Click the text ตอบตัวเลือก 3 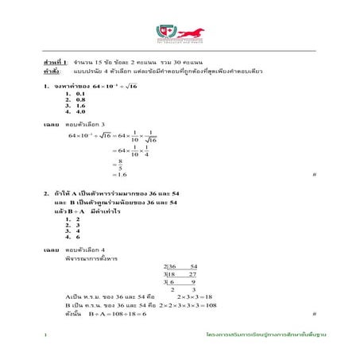coord(83,125)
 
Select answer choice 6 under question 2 coord(78,237)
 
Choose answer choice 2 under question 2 coord(78,218)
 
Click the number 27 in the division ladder coord(192,273)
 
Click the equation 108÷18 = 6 coord(123,314)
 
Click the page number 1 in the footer coord(46,336)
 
